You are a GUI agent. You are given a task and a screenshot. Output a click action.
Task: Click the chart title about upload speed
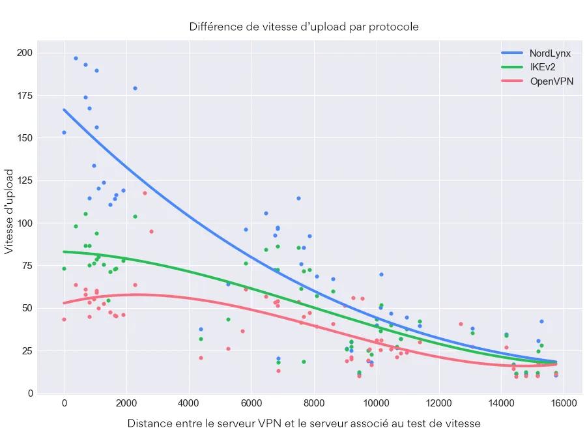click(304, 27)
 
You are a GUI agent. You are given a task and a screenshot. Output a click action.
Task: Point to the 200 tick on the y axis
click(25, 53)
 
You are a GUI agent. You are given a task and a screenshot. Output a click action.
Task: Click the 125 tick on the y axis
click(25, 180)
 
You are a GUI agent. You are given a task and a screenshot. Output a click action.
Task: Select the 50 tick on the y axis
click(27, 308)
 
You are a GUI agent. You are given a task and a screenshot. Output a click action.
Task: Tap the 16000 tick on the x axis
click(563, 404)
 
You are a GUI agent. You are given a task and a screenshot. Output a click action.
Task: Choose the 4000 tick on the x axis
click(188, 404)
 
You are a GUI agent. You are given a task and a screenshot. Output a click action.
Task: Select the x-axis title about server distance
click(304, 423)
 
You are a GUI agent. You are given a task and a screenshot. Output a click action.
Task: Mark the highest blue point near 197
click(76, 58)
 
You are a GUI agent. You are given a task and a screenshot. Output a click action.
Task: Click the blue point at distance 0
click(64, 132)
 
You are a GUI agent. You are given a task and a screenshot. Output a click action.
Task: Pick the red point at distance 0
click(64, 319)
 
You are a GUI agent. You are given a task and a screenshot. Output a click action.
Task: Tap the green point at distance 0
click(64, 268)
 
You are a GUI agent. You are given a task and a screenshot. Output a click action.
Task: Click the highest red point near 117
click(145, 193)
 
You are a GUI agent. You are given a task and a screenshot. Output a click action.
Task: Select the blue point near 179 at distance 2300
click(135, 88)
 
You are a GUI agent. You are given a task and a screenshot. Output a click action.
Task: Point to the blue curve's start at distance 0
click(64, 109)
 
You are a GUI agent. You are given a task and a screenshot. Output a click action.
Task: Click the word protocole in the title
click(394, 27)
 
